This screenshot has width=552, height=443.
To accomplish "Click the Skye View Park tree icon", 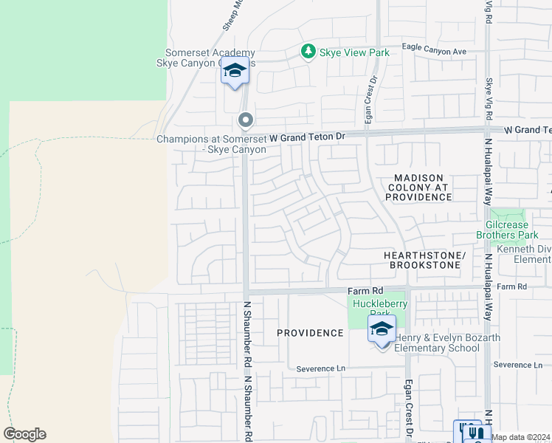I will pyautogui.click(x=308, y=52).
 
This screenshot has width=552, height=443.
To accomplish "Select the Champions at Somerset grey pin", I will pyautogui.click(x=245, y=120).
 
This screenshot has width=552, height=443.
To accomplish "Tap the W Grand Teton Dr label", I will pyautogui.click(x=307, y=137).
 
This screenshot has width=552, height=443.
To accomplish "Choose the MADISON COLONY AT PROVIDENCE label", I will pyautogui.click(x=418, y=188).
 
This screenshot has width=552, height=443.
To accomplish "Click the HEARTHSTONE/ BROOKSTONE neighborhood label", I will pyautogui.click(x=425, y=259).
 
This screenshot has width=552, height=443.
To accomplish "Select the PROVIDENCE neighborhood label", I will pyautogui.click(x=310, y=333).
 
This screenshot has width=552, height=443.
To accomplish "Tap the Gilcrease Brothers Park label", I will pyautogui.click(x=513, y=230).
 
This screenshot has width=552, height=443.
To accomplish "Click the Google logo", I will pyautogui.click(x=24, y=434).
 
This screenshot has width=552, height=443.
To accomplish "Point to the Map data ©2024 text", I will pyautogui.click(x=521, y=437).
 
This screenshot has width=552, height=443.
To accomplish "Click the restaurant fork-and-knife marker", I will pyautogui.click(x=477, y=433).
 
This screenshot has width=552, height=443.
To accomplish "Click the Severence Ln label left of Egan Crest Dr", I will pyautogui.click(x=320, y=368).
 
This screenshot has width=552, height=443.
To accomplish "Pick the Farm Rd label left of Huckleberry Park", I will pyautogui.click(x=366, y=291).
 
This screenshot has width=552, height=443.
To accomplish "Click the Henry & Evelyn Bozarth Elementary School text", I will pyautogui.click(x=438, y=343).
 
